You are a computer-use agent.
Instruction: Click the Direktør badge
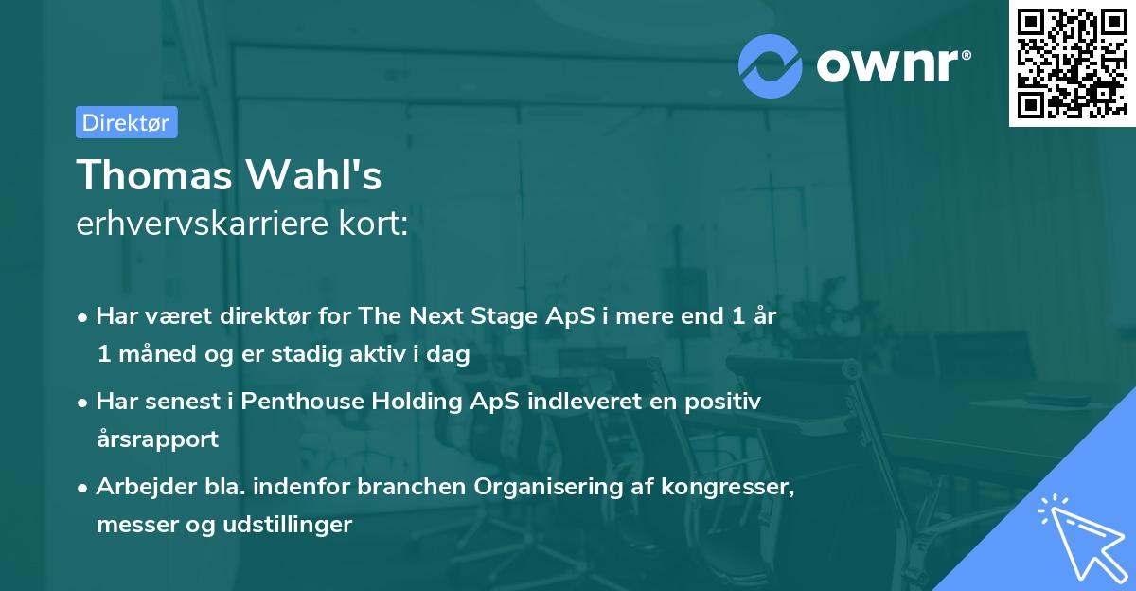click(126, 122)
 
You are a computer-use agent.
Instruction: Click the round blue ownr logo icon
click(771, 64)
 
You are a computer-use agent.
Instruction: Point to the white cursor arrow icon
click(1078, 534)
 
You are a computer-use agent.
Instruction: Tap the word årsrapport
click(157, 439)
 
